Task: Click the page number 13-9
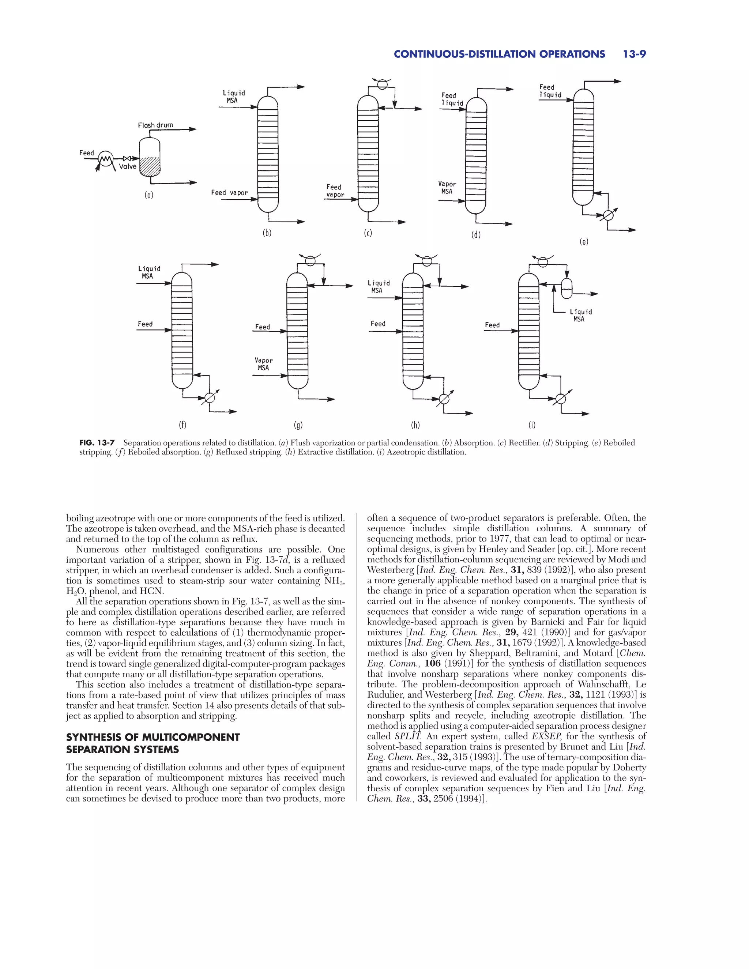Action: tap(634, 54)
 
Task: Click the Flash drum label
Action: tap(155, 125)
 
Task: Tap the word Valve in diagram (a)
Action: tap(127, 166)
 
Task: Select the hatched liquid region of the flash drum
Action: tap(150, 167)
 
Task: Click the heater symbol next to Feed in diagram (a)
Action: tap(106, 158)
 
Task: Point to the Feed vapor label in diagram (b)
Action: tap(229, 193)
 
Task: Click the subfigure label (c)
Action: tap(368, 233)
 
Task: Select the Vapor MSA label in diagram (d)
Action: tap(447, 188)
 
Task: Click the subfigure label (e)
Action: tap(584, 242)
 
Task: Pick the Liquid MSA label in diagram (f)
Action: tap(149, 272)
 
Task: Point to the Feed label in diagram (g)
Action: tap(262, 327)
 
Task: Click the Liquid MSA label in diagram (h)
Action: tap(379, 287)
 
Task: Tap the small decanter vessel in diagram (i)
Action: tap(567, 289)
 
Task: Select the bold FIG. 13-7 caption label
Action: tap(97, 443)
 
